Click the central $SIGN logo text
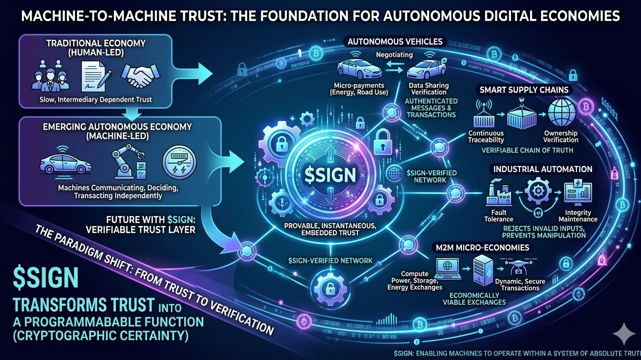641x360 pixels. click(330, 175)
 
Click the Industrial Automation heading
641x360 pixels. click(542, 169)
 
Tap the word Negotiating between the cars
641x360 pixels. click(394, 55)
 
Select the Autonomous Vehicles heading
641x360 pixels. click(394, 42)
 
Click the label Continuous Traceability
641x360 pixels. click(486, 136)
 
